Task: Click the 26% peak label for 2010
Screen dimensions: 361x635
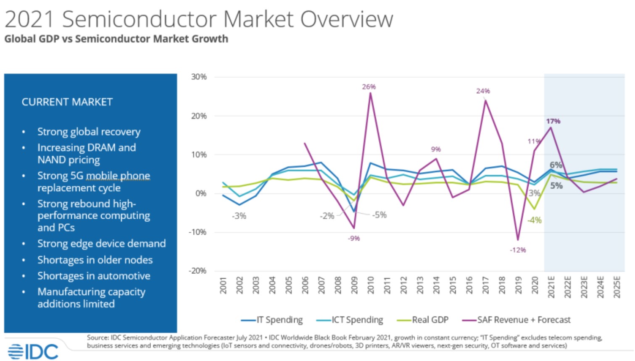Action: pyautogui.click(x=369, y=87)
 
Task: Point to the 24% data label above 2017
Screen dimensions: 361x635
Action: pyautogui.click(x=483, y=91)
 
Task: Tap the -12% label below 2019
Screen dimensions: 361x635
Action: pyautogui.click(x=518, y=250)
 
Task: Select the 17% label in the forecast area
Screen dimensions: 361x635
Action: pyautogui.click(x=553, y=121)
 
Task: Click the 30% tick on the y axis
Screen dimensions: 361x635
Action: pyautogui.click(x=199, y=77)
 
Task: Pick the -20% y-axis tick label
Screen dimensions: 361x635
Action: pyautogui.click(x=197, y=271)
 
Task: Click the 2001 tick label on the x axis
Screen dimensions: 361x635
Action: pyautogui.click(x=223, y=285)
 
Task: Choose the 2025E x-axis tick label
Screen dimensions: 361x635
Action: pyautogui.click(x=617, y=287)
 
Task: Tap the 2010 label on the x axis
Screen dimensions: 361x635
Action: pyautogui.click(x=371, y=285)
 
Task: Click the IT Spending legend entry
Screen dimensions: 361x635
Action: pyautogui.click(x=272, y=320)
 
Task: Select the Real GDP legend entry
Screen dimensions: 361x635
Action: pyautogui.click(x=423, y=320)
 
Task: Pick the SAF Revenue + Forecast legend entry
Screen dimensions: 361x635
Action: pyautogui.click(x=516, y=320)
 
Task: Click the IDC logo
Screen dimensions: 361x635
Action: pyautogui.click(x=33, y=351)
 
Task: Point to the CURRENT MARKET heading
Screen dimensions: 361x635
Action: pyautogui.click(x=67, y=102)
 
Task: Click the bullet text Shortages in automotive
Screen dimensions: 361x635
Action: pyautogui.click(x=94, y=276)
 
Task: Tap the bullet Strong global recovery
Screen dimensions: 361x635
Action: pyautogui.click(x=89, y=132)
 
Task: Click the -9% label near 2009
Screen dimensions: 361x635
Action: pyautogui.click(x=354, y=238)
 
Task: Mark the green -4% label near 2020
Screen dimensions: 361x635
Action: pyautogui.click(x=535, y=220)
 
